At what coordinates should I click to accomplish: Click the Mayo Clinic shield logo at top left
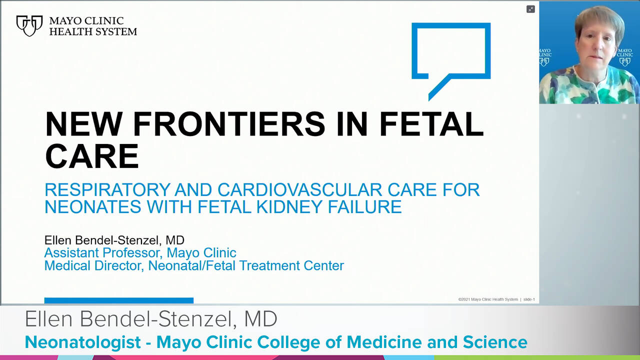pos(29,25)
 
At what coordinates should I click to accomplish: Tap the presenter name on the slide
pos(114,240)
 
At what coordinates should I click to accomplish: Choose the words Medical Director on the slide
pos(94,265)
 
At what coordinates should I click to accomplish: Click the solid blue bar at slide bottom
pos(118,300)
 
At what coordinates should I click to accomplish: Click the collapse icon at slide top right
pos(530,9)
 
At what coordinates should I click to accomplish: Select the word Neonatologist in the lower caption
pos(82,342)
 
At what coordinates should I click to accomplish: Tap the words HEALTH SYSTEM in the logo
pos(93,31)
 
